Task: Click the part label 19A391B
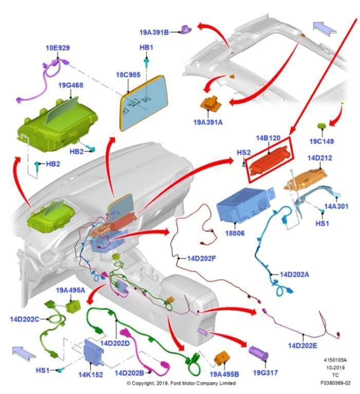pyautogui.click(x=154, y=32)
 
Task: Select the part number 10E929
pyautogui.click(x=58, y=48)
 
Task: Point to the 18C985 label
pyautogui.click(x=128, y=74)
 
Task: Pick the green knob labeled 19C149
pyautogui.click(x=322, y=126)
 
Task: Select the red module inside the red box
pyautogui.click(x=269, y=160)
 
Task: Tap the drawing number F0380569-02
pyautogui.click(x=336, y=383)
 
